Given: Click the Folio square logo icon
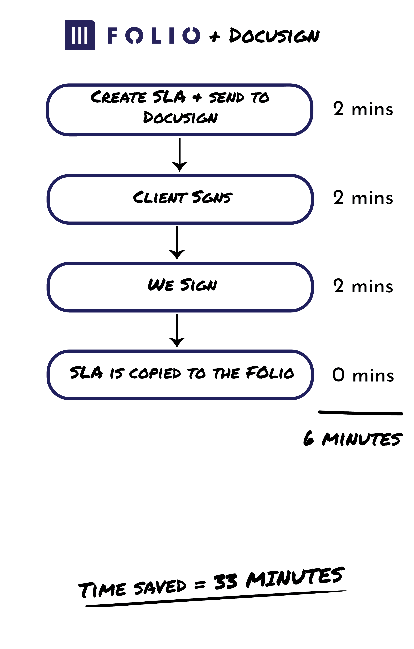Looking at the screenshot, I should pyautogui.click(x=80, y=35).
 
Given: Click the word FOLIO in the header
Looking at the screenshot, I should pyautogui.click(x=154, y=36).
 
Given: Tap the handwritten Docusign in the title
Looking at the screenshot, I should pyautogui.click(x=274, y=36).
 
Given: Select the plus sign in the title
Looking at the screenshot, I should pyautogui.click(x=215, y=36).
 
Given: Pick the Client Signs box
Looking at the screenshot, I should pyautogui.click(x=180, y=199).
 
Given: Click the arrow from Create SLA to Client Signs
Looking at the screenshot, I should pyautogui.click(x=180, y=155).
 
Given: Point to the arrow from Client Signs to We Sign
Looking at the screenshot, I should pyautogui.click(x=177, y=243).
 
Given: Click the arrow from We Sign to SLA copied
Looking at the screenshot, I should pyautogui.click(x=177, y=331).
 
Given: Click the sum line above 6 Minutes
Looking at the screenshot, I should pyautogui.click(x=361, y=413).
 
